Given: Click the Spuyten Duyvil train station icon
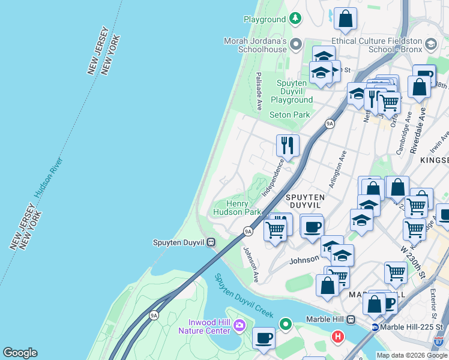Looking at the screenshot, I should (211, 242).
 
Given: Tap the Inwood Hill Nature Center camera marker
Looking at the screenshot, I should (240, 325).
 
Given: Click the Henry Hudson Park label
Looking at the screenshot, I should (238, 208).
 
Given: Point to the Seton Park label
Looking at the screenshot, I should (289, 115).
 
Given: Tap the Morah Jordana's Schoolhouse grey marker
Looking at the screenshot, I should (295, 44).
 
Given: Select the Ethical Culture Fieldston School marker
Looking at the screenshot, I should (431, 44).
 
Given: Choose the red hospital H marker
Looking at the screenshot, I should (338, 337).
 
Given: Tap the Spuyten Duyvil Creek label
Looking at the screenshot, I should (243, 296).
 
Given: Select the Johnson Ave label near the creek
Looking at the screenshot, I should (250, 265).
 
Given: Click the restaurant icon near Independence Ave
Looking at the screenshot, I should (288, 145).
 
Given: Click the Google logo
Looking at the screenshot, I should (20, 353).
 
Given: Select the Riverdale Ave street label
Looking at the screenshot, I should (423, 131).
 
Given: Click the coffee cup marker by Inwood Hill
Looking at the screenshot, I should (264, 338).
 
